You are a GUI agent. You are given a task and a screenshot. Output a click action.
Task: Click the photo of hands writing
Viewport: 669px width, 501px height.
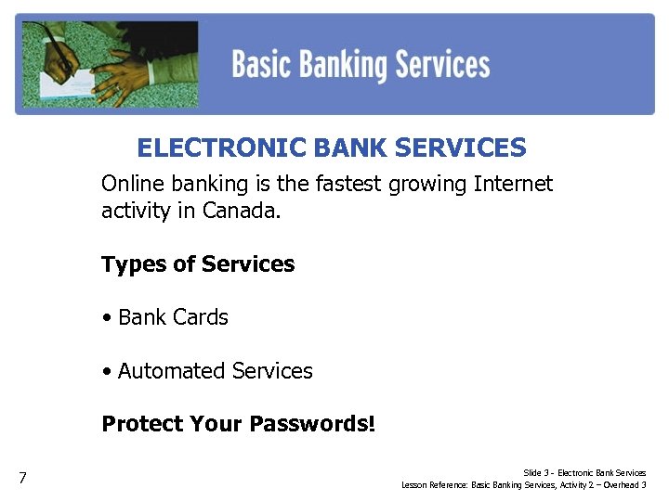click(107, 63)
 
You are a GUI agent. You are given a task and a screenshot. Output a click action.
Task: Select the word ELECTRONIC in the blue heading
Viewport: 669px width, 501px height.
click(221, 148)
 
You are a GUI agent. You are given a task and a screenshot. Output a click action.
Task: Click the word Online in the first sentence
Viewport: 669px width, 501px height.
click(131, 184)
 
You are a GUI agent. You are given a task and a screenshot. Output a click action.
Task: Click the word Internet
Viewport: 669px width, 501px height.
click(513, 184)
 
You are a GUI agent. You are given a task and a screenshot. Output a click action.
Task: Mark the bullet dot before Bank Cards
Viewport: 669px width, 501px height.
click(108, 318)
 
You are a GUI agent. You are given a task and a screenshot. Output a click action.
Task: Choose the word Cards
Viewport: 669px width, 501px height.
click(200, 317)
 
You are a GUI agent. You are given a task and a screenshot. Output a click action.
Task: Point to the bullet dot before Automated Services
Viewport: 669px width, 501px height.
click(108, 372)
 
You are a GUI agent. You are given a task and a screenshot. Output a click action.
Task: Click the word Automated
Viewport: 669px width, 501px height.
click(172, 371)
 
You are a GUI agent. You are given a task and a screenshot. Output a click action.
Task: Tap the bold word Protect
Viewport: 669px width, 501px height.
click(142, 424)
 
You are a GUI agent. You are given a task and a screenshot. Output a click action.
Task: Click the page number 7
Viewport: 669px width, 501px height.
click(22, 479)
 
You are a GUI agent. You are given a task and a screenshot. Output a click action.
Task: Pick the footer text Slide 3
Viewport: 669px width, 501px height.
click(536, 473)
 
